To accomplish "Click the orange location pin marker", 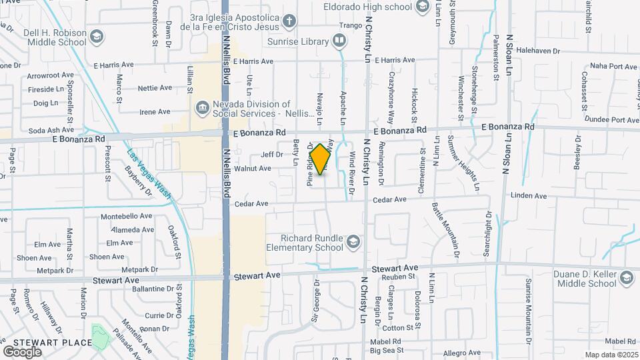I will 321,159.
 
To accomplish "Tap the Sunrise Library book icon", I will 339,41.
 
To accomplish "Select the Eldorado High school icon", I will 421,7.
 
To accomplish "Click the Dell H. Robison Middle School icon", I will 97,36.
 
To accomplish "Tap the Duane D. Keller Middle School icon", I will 626,277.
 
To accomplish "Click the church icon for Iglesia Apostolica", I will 289,21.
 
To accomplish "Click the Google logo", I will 22,351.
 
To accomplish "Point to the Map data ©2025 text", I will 611,355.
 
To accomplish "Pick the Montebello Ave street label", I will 126,217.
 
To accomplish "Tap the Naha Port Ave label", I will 614,66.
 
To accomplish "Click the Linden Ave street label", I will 528,196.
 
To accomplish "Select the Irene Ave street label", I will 155,112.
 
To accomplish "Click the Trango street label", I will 350,26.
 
